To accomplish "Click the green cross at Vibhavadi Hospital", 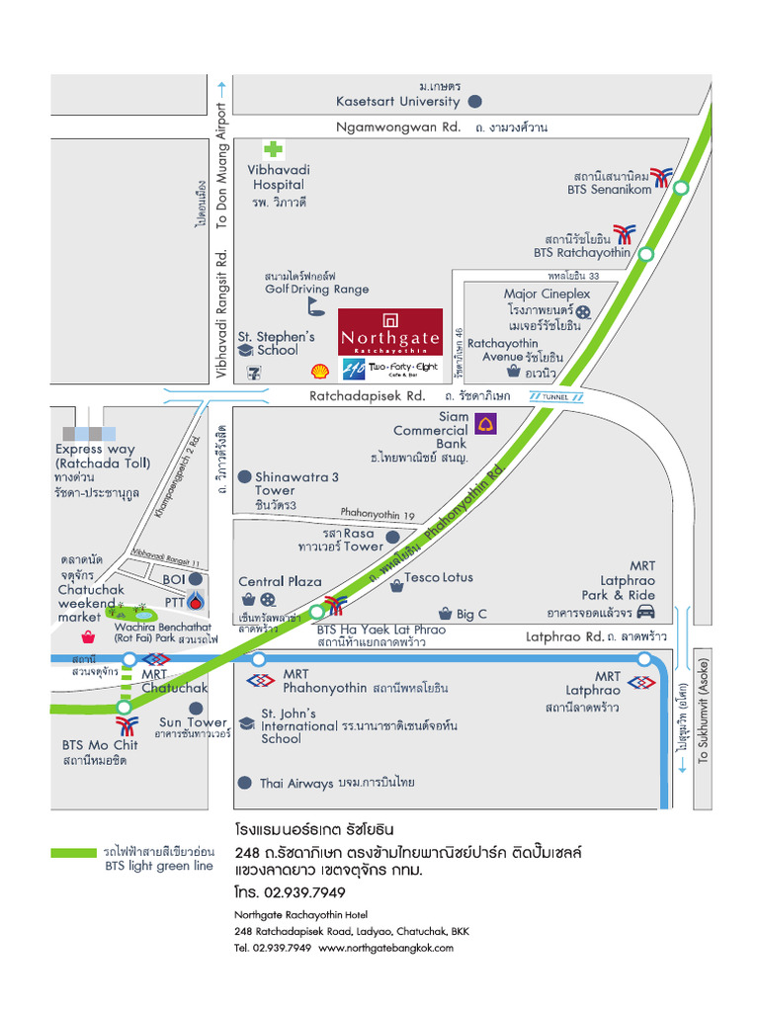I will pos(272,149).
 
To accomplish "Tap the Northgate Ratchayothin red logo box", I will pos(389,333).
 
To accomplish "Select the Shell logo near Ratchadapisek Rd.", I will pos(319,372).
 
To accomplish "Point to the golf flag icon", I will pos(315,304).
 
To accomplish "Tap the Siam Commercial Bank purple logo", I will pos(486,424).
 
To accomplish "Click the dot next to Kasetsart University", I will pos(475,101).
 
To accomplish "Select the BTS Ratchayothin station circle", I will pos(645,254).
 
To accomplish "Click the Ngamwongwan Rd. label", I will pos(398,126).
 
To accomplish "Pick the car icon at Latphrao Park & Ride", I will pos(645,611).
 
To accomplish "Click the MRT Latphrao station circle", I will pos(644,659).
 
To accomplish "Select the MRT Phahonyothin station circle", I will pos(259,659).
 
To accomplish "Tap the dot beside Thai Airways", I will pos(245,783).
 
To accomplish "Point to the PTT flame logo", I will pos(199,601).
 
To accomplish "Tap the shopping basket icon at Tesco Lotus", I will pos(396,586).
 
